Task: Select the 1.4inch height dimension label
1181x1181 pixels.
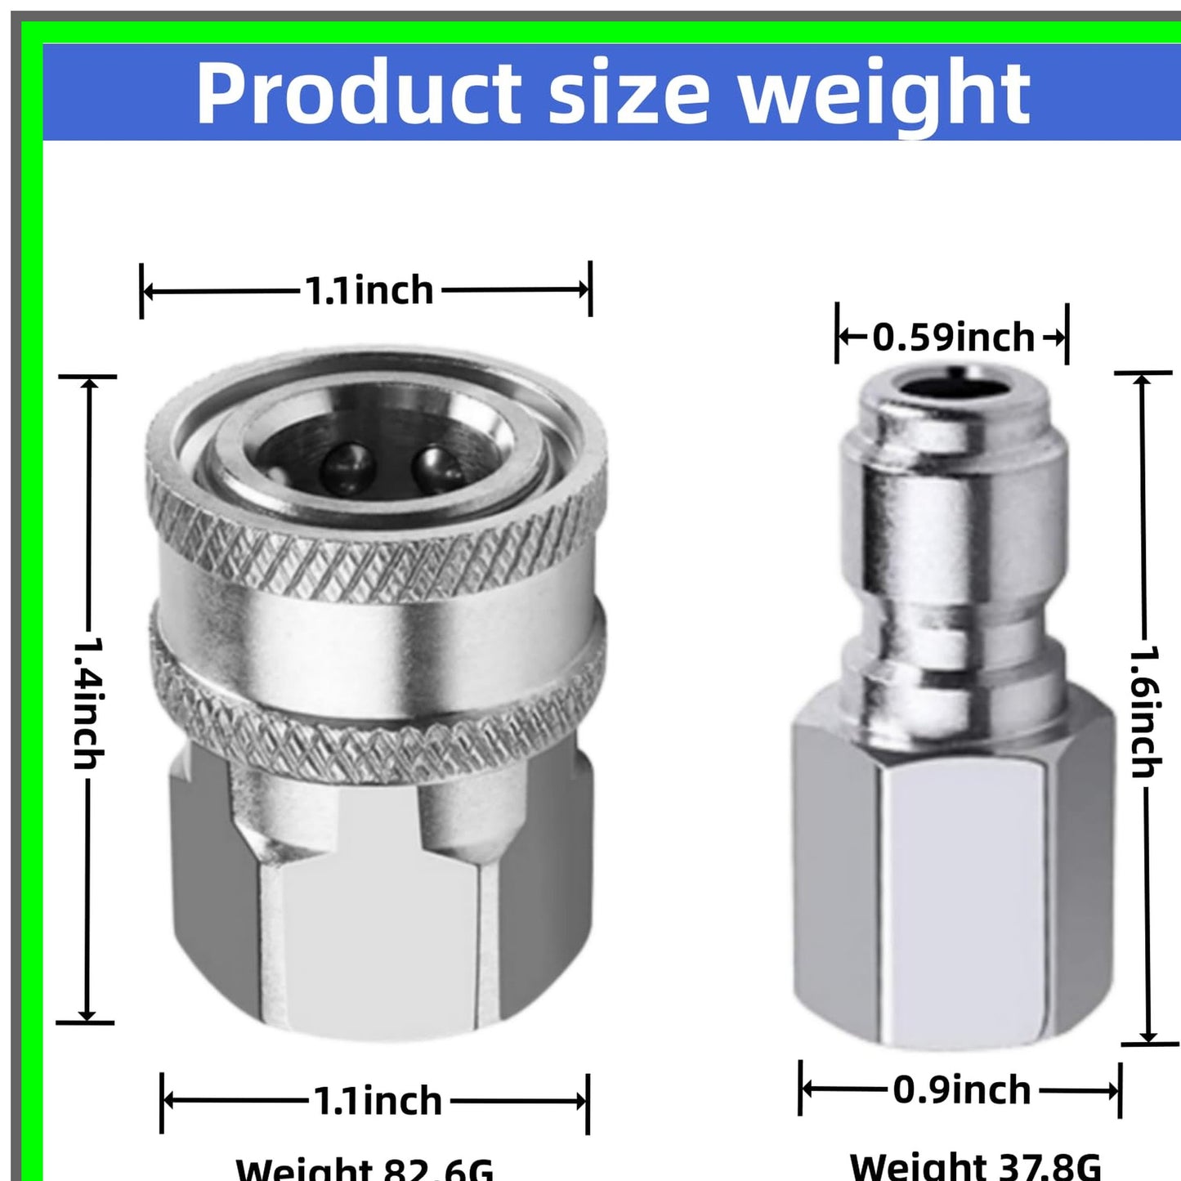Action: [88, 703]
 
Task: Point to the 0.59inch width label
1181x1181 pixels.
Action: [953, 338]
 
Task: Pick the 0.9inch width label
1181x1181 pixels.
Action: [961, 1090]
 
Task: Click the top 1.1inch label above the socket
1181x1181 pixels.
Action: [369, 290]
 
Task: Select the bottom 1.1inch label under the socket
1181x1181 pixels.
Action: [378, 1101]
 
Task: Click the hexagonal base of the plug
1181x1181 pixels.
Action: [953, 883]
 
